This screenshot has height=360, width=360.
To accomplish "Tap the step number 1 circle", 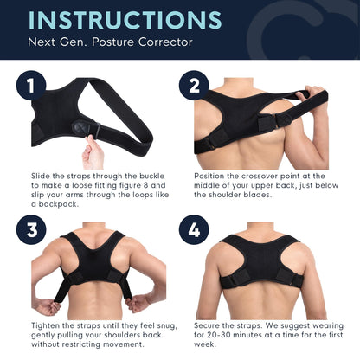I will [x=32, y=87].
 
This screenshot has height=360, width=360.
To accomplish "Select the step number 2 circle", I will [x=196, y=87].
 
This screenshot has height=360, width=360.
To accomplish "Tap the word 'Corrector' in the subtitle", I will [x=162, y=42].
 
